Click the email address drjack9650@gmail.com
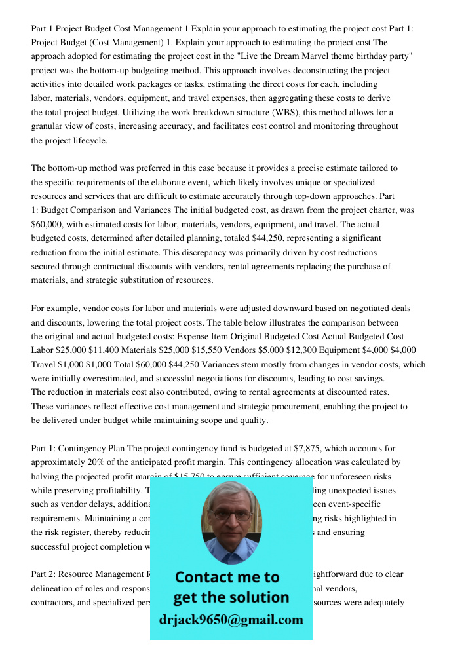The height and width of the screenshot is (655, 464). pos(231,619)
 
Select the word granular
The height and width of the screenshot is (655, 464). pos(52,126)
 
